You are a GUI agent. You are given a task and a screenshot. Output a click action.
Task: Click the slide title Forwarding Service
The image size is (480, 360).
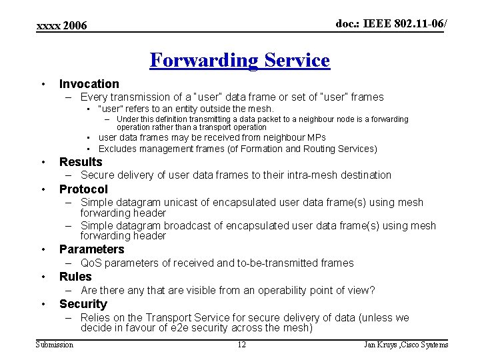coord(239,61)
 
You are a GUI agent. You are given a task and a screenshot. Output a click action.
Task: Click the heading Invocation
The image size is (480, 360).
coord(89,84)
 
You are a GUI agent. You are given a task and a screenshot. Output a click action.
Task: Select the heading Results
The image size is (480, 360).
coord(81,162)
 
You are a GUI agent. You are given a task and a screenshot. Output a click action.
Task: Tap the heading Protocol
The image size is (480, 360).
coord(83,189)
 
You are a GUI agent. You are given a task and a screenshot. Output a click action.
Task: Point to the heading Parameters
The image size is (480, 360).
coord(91,249)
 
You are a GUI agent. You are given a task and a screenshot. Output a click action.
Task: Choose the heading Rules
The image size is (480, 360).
coord(75,277)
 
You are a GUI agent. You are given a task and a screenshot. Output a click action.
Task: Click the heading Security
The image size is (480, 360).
coord(83,304)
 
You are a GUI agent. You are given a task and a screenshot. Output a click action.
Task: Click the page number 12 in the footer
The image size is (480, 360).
coord(241,345)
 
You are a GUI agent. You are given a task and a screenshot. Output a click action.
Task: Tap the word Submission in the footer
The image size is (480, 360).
coord(54,345)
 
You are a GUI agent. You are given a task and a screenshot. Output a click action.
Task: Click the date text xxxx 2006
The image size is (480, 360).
coord(61,26)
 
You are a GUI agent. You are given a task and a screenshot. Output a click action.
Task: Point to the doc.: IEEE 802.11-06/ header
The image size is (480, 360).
coord(391,24)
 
